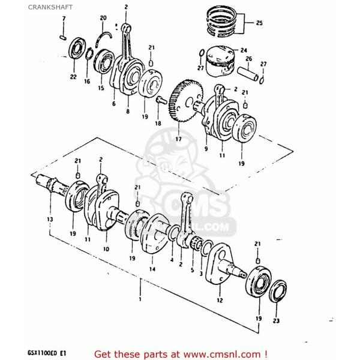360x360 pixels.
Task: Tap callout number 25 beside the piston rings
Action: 259,23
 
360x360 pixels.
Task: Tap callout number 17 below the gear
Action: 178,140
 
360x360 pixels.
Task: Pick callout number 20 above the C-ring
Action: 103,19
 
